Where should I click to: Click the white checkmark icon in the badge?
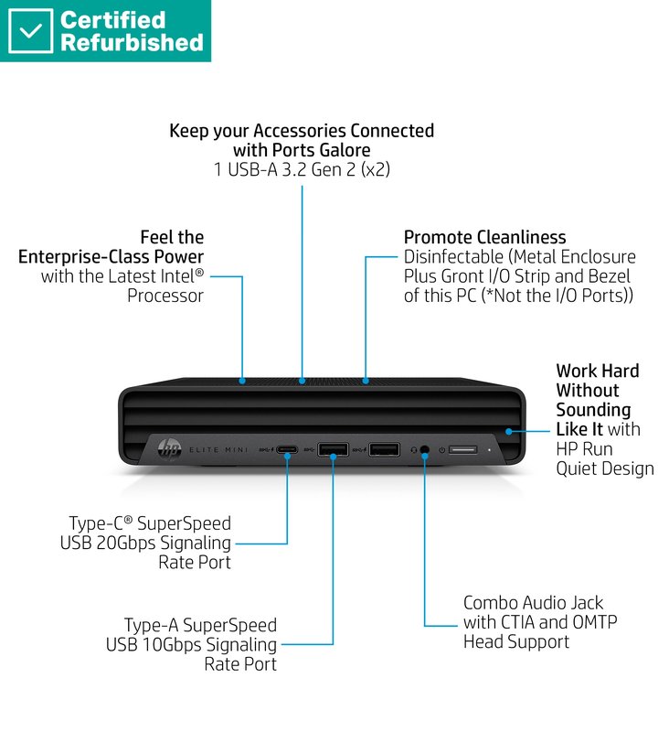pyautogui.click(x=30, y=31)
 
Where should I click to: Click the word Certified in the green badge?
pyautogui.click(x=112, y=19)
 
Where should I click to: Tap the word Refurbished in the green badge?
pyautogui.click(x=132, y=42)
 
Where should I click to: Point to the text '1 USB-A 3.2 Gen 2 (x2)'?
pyautogui.click(x=302, y=169)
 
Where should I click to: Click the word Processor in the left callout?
pyautogui.click(x=165, y=295)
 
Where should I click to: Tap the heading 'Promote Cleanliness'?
pyautogui.click(x=484, y=238)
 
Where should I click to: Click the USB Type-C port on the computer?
pyautogui.click(x=287, y=449)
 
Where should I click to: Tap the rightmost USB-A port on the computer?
pyautogui.click(x=384, y=449)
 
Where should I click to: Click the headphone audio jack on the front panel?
pyautogui.click(x=425, y=449)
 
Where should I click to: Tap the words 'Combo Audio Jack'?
pyautogui.click(x=534, y=602)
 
